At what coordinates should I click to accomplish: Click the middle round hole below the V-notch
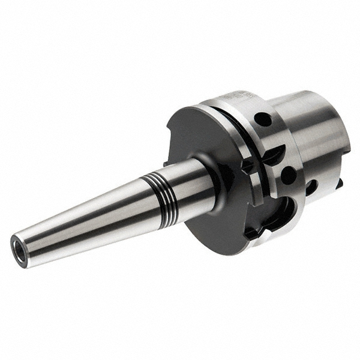[287, 175]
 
